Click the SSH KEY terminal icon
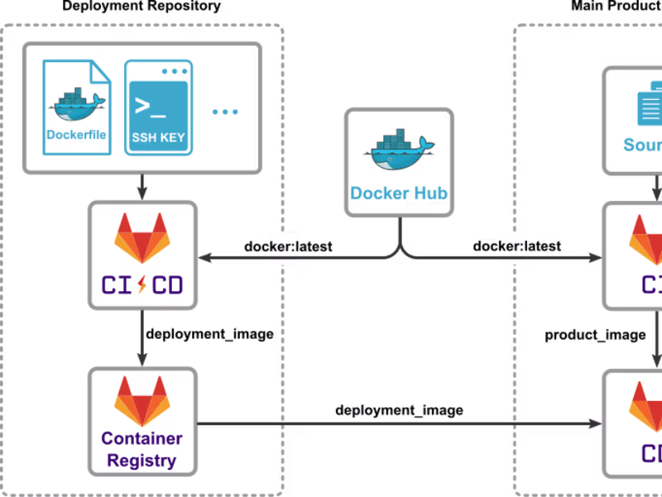(158, 108)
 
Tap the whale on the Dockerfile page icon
(78, 105)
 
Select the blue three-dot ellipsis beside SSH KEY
(225, 111)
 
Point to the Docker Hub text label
(400, 194)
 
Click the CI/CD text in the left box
(142, 284)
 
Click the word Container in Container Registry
(142, 439)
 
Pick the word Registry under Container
(142, 461)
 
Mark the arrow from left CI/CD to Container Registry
(142, 338)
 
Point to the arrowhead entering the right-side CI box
(594, 259)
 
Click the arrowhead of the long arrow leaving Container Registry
(594, 423)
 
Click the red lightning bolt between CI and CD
(142, 284)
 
